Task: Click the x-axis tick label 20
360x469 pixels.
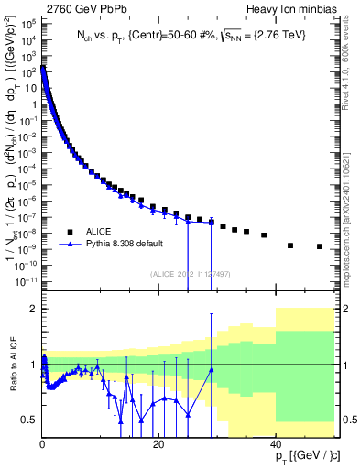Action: (x=158, y=443)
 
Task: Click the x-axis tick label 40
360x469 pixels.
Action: (x=276, y=443)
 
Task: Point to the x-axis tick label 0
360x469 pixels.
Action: (x=42, y=443)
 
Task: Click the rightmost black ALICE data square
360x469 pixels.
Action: (x=320, y=246)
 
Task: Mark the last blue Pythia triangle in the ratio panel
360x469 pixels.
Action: (x=212, y=370)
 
